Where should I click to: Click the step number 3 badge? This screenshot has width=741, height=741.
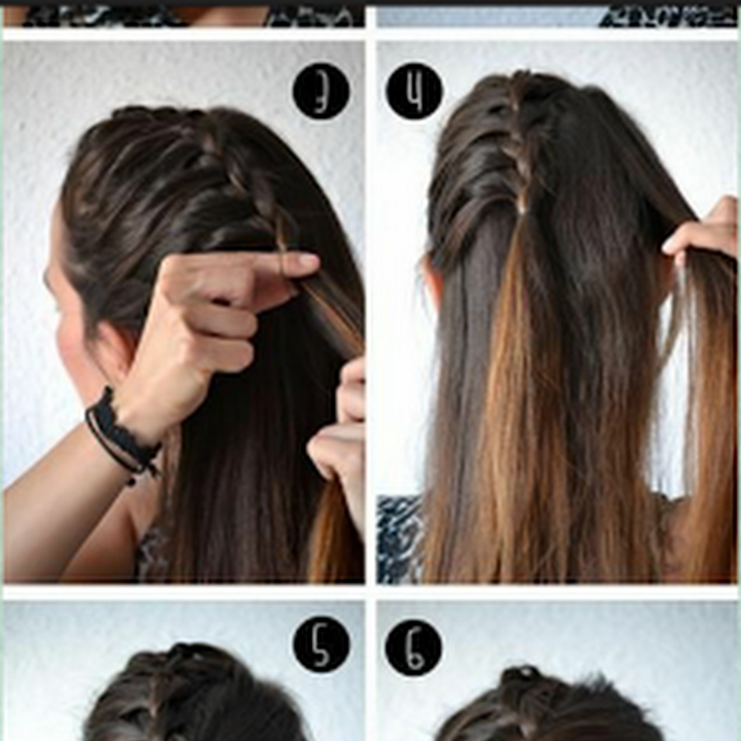[321, 91]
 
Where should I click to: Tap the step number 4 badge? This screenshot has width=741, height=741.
[414, 91]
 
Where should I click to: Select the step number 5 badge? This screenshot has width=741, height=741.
[321, 644]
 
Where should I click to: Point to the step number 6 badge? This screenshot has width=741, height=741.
[413, 648]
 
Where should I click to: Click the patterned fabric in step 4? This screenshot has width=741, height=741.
[399, 538]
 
